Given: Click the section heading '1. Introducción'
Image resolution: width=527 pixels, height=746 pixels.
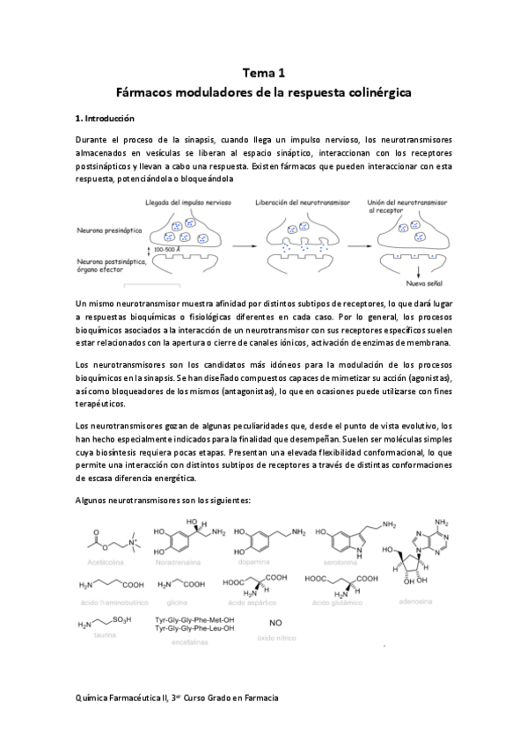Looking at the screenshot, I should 106,117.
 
